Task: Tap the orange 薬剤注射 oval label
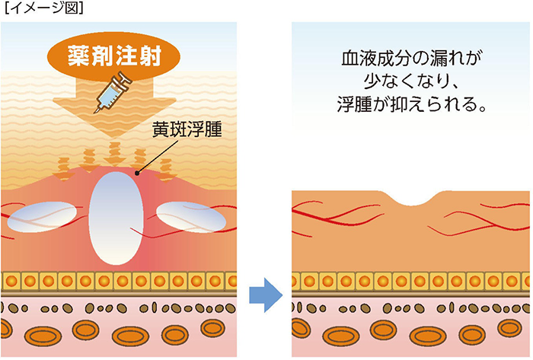[114, 56]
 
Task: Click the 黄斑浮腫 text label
[187, 129]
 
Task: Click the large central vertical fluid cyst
[116, 218]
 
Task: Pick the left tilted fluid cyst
[42, 217]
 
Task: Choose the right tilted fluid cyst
[191, 217]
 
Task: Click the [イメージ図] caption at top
[44, 8]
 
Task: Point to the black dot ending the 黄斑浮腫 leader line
[137, 174]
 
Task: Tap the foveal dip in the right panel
[411, 200]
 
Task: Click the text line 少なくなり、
[411, 81]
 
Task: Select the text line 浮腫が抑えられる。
[412, 104]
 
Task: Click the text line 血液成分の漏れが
[412, 59]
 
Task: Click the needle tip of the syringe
[95, 112]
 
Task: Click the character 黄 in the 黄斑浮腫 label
[161, 129]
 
